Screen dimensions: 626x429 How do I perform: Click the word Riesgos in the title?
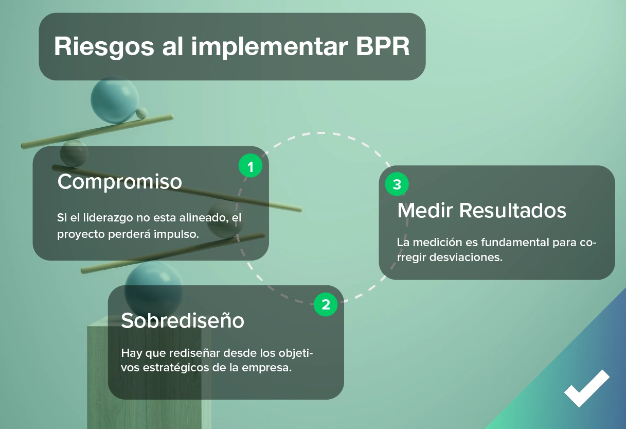click(104, 47)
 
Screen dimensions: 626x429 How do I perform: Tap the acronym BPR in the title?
click(383, 46)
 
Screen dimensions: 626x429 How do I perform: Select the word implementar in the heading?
click(270, 47)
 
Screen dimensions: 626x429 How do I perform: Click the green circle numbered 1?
click(251, 166)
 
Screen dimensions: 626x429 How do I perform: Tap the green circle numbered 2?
click(326, 304)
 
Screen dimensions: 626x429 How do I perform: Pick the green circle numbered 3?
click(397, 184)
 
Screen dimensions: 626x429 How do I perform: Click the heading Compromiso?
click(120, 182)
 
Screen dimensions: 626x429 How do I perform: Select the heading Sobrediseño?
click(183, 320)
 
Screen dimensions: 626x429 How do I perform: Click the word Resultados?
click(513, 210)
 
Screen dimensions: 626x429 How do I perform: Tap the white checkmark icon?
click(586, 388)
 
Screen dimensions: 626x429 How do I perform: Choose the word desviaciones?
click(466, 257)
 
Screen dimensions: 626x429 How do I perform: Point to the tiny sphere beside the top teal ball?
click(142, 112)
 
